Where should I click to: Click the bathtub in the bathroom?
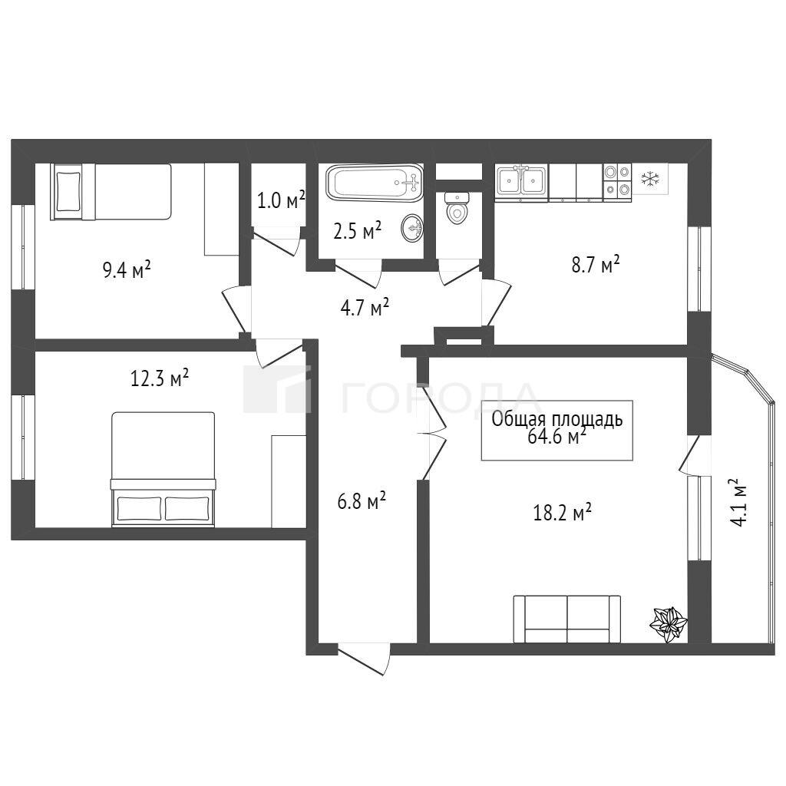point(375,183)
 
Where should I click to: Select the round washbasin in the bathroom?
point(412,229)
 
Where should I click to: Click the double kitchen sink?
point(522,181)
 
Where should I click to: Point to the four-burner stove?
point(617,181)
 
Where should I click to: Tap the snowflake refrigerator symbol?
point(650,179)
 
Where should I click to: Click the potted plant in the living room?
point(669,625)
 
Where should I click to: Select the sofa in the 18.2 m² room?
point(567,619)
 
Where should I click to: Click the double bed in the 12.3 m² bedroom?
point(163,469)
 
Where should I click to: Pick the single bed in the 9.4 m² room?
point(111,191)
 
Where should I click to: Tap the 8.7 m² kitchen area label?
point(596,264)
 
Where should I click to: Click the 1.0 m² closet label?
point(281,200)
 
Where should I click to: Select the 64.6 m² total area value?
point(557,437)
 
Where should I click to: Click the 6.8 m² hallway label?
point(362,500)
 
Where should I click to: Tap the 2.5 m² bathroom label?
point(358,231)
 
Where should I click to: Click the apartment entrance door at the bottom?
point(363,658)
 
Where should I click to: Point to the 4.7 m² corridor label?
point(365,307)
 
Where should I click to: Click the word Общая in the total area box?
point(517,419)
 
